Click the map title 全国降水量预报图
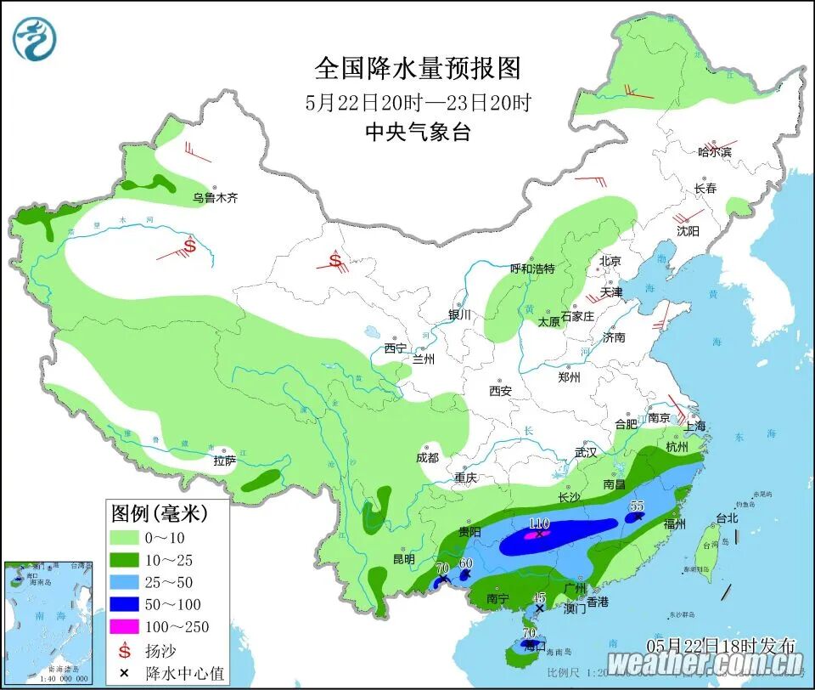418,67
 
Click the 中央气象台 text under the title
418,132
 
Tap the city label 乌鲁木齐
215,198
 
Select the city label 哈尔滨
714,152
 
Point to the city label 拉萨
224,461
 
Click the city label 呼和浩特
531,269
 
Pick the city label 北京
610,261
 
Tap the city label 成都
428,458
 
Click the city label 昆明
403,559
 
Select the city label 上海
695,427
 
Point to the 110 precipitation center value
540,523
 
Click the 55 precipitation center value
637,506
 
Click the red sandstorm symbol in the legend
125,651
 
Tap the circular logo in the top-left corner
35,37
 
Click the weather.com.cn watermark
705,663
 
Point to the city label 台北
704,517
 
